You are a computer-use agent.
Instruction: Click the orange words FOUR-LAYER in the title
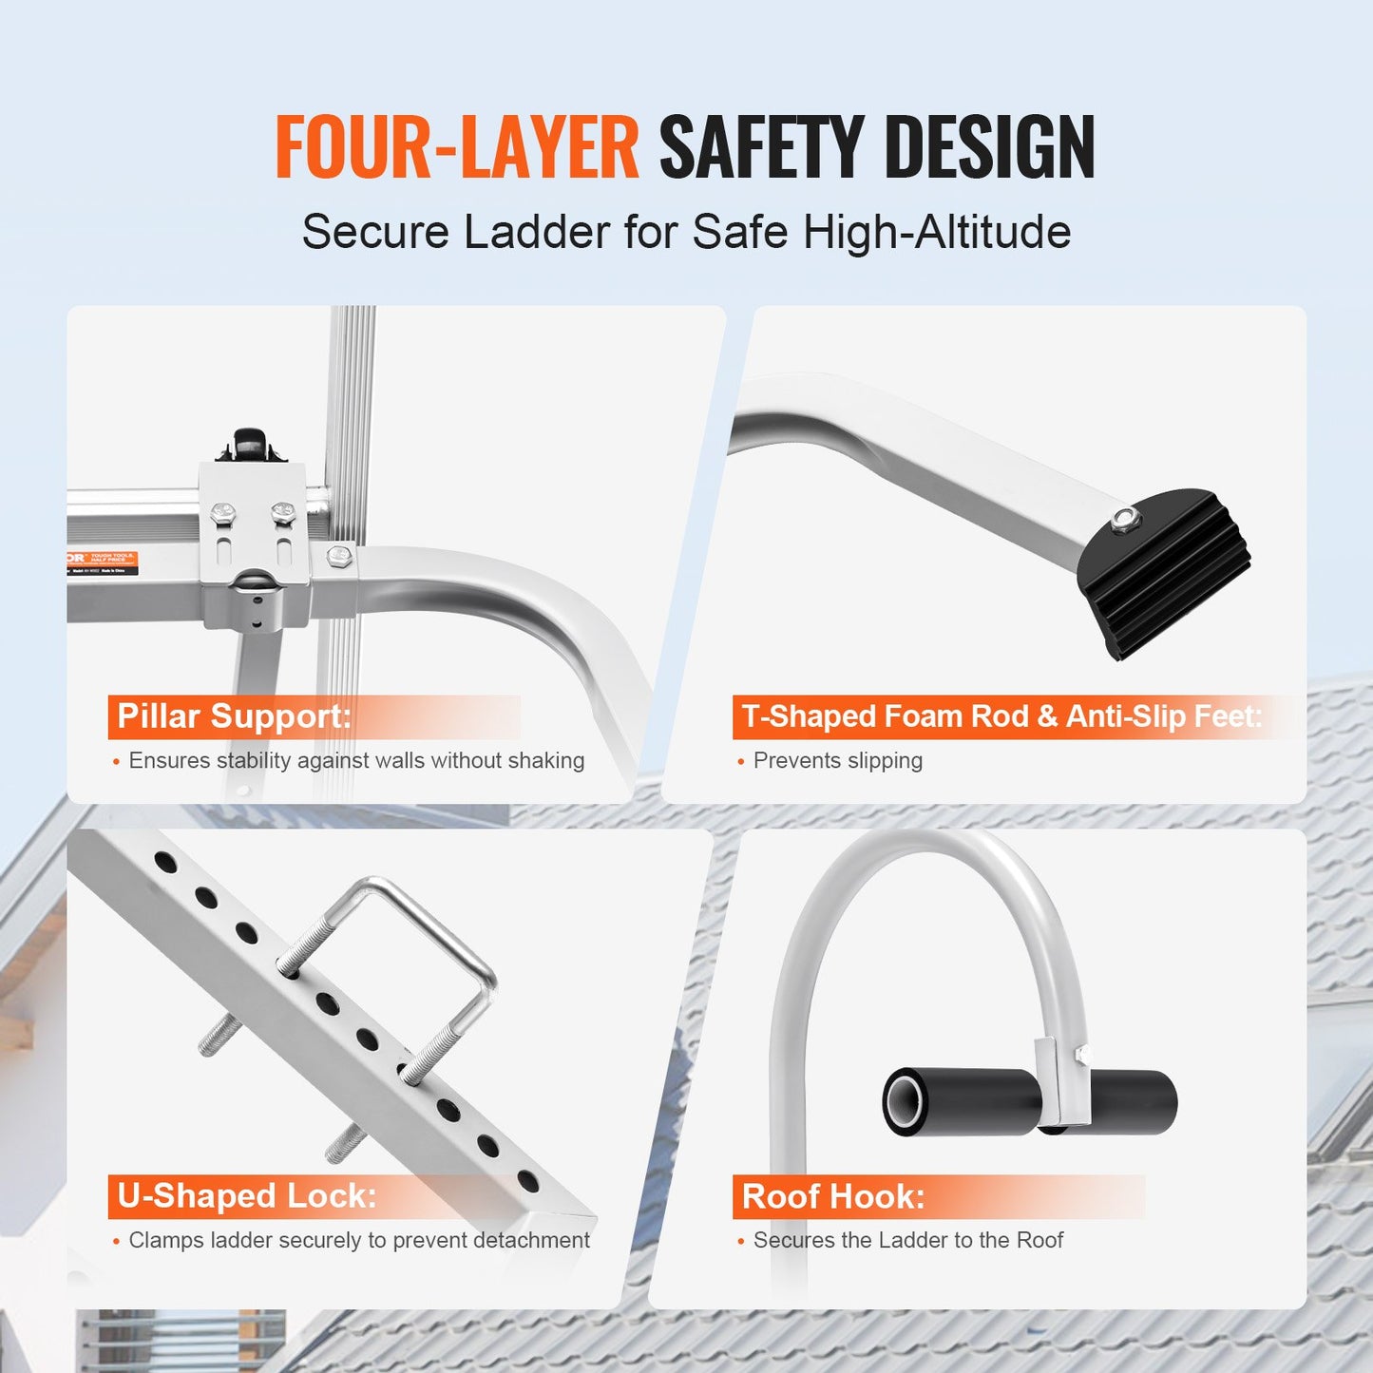456,146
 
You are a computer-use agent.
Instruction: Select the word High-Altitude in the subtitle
937,232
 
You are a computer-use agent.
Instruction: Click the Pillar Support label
234,716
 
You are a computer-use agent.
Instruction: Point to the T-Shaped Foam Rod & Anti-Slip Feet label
1001,716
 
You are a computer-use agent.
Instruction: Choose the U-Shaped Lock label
246,1196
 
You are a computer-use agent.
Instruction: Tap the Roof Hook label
832,1196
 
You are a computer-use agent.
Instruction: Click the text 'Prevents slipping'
837,761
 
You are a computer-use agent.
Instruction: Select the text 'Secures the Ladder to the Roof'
907,1241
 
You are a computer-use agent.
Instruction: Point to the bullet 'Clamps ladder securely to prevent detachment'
358,1241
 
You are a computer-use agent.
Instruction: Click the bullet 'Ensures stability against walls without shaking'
356,761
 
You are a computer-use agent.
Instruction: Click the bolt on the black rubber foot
1125,518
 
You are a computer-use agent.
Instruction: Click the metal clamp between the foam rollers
1053,1083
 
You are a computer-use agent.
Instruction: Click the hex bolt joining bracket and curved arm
339,556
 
